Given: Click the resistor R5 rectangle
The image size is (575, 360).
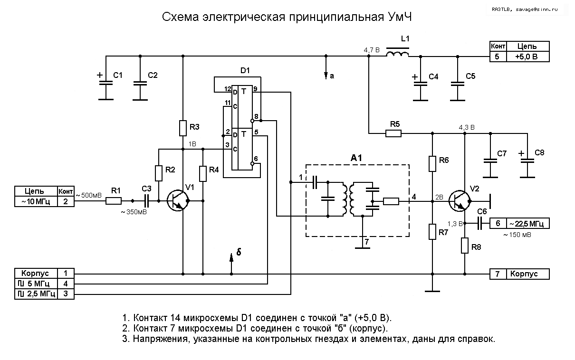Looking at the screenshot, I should (393, 133).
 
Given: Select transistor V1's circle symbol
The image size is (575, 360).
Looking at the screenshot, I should (178, 201).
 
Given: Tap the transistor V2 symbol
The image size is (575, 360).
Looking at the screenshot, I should (460, 201).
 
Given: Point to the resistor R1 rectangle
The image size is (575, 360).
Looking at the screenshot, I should (114, 201).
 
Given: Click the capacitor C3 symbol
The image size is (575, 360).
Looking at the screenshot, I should (147, 201).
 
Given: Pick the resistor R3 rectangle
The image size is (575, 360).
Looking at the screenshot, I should (183, 128).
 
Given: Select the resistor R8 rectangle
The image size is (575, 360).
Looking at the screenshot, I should (465, 246).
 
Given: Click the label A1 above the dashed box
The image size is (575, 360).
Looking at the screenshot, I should (357, 158).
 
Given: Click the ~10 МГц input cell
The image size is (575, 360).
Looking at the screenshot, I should (36, 201).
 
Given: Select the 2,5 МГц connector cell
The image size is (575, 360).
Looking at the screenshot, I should (36, 294).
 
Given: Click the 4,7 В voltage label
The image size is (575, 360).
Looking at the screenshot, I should (371, 49).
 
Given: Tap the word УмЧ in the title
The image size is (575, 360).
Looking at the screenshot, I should (397, 18).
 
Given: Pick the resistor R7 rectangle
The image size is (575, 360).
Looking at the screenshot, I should (432, 232).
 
